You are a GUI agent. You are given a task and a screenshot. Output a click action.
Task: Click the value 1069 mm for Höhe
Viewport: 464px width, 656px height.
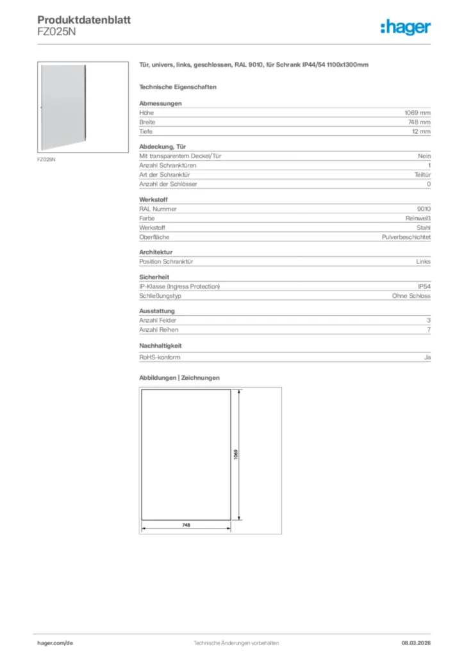(417, 113)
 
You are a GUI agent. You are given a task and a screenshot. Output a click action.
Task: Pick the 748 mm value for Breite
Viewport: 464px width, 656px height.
(419, 122)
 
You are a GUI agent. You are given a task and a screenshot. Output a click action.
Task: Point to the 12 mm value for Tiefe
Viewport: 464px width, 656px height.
(421, 131)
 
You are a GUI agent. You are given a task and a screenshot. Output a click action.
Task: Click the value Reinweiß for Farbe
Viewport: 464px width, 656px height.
(417, 218)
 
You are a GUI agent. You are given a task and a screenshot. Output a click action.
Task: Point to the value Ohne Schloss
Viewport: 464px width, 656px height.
(411, 296)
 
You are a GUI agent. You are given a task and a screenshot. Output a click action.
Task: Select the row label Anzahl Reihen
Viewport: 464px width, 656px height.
(159, 329)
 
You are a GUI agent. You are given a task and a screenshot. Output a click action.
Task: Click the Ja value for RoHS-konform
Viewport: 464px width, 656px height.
(427, 357)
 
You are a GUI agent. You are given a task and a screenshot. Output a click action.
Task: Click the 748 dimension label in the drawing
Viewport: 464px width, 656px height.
(186, 524)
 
